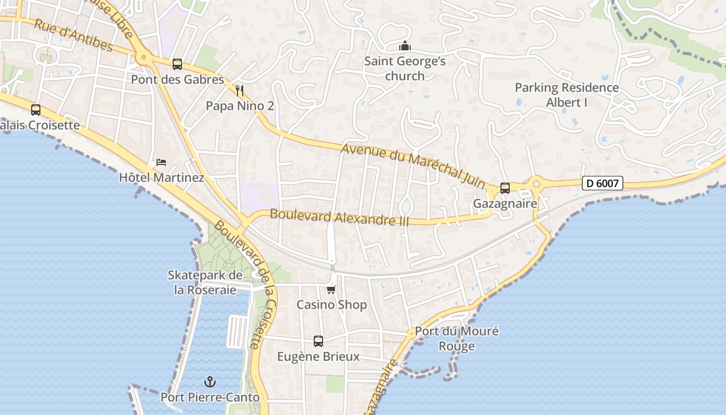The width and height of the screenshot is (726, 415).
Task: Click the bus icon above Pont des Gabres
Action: [177, 64]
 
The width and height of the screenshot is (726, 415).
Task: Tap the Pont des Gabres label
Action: [177, 79]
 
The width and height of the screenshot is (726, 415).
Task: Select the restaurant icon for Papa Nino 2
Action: [240, 91]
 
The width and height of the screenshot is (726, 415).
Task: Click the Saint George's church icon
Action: [405, 46]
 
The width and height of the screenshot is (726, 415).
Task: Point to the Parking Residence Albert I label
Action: [566, 95]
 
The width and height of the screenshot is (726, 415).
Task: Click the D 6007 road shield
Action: [602, 183]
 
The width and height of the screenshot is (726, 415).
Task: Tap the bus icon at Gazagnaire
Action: [505, 188]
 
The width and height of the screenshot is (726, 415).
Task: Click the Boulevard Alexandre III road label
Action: [339, 217]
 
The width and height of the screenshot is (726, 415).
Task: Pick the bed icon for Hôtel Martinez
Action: [161, 162]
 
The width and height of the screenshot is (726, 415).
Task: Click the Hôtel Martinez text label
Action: [161, 177]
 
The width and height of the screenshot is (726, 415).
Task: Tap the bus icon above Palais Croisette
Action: [36, 110]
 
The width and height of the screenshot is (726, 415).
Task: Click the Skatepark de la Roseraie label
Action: [205, 282]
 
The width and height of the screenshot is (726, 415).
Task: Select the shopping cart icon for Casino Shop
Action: [331, 289]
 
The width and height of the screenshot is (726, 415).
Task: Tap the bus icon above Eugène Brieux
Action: [318, 341]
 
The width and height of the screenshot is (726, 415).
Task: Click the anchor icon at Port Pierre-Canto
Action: [210, 382]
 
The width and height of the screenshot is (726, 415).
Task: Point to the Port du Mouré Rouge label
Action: [457, 338]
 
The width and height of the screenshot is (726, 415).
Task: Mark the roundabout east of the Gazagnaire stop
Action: [537, 183]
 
